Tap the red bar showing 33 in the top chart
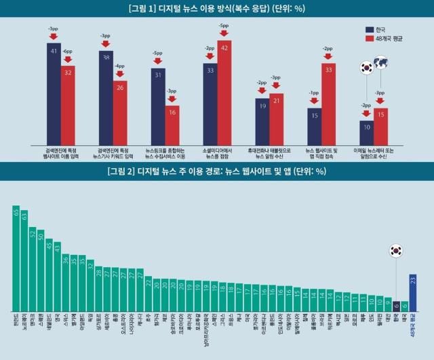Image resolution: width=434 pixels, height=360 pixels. pos(328,102)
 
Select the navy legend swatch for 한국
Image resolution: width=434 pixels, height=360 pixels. pos(372,31)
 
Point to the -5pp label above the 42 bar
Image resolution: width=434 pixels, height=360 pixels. pos(224,26)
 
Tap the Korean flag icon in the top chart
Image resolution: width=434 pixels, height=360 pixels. pos(366,67)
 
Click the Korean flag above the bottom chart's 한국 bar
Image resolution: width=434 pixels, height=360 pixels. pos(396,251)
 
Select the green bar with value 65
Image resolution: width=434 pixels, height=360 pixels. pos(16,257)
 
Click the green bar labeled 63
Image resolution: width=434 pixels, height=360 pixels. pos(24,260)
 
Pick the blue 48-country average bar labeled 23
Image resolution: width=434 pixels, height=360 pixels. pos(413,292)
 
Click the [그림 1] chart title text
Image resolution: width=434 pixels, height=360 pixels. pos(216,9)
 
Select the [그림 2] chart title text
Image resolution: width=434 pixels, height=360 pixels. pos(216,171)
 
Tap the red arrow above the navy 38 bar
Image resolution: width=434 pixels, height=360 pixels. pos(106,44)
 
